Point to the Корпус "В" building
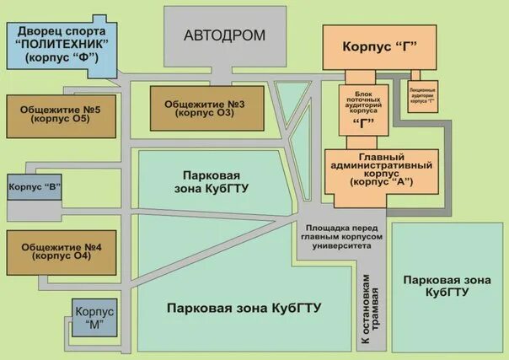35,186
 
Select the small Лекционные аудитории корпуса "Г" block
422,98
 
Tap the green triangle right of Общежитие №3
290,110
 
